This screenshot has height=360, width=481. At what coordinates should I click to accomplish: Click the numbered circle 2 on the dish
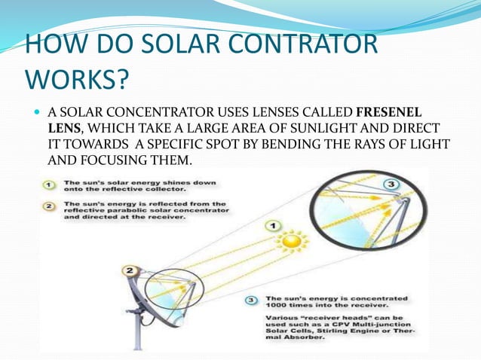pyautogui.click(x=130, y=270)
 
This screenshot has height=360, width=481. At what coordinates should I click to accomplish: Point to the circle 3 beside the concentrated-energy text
pyautogui.click(x=253, y=300)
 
